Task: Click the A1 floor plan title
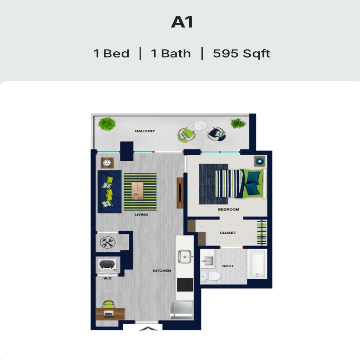(182, 22)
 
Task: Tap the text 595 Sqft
(242, 54)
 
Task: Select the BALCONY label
(145, 131)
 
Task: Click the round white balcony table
(200, 125)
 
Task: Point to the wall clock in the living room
(107, 163)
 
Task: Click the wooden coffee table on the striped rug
(137, 191)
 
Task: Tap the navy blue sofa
(109, 191)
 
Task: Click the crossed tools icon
(107, 242)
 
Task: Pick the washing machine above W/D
(108, 266)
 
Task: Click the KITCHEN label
(162, 271)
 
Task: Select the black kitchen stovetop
(185, 284)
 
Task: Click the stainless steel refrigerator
(181, 310)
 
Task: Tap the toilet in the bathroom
(211, 276)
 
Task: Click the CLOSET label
(228, 233)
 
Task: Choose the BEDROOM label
(228, 210)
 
